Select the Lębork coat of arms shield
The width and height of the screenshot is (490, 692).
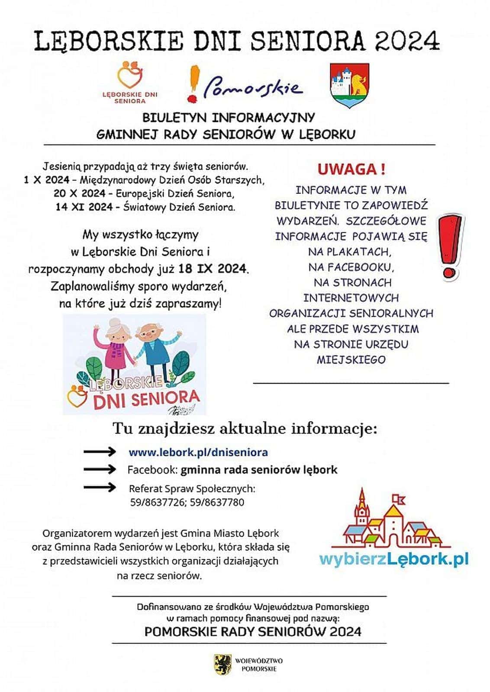coord(349,85)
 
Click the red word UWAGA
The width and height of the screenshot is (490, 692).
coord(351,169)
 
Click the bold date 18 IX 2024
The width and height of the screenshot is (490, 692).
coord(213,269)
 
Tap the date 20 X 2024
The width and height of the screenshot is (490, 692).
coord(80,193)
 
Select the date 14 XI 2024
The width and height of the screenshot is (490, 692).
coord(84,207)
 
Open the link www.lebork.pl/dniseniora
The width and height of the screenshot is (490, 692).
coord(198,452)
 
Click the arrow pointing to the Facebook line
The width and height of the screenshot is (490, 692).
coord(100,469)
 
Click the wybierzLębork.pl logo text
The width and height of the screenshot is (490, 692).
coord(393,559)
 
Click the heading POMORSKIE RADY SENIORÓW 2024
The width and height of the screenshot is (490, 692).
coord(253,631)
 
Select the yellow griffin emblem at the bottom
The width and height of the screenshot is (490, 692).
coord(222,664)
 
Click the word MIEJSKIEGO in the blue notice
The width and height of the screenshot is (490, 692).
coord(351,359)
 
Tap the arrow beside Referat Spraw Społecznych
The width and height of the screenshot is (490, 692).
coord(100,487)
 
